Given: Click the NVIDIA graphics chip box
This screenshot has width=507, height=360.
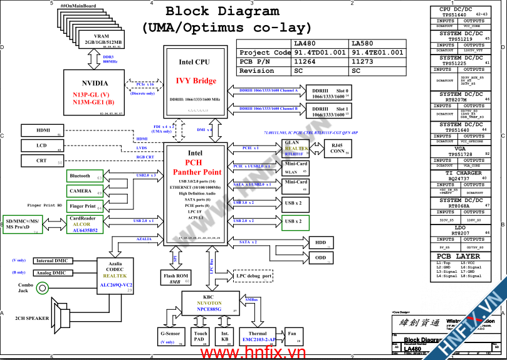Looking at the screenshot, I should (94, 92).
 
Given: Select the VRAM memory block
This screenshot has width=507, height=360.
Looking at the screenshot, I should (102, 40).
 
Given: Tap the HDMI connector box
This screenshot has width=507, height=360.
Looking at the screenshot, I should (43, 130).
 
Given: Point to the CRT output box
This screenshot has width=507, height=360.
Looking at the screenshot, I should (43, 161).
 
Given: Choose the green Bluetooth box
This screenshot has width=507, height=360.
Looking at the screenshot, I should (84, 176).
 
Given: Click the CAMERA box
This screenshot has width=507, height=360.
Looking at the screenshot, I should (84, 191).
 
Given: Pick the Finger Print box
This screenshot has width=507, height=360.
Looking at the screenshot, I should (84, 206).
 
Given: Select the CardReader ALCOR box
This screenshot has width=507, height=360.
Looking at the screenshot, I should (84, 225).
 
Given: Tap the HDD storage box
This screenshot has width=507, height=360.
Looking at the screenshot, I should (320, 242).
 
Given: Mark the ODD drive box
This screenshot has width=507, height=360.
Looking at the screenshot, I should (320, 258).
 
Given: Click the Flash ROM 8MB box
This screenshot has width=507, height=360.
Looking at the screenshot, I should (177, 278).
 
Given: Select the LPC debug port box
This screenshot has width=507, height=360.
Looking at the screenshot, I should (254, 276).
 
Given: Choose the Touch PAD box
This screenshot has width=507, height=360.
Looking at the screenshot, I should (201, 337).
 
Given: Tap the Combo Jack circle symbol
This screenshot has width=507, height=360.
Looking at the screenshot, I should (42, 288).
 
